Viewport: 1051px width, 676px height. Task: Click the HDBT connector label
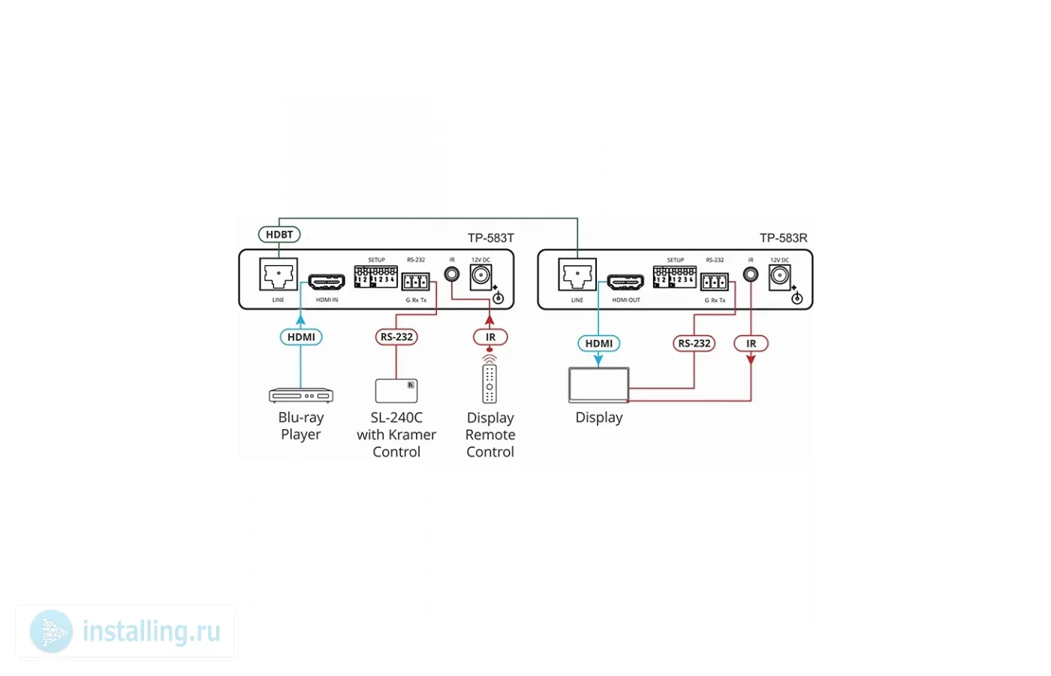click(x=279, y=234)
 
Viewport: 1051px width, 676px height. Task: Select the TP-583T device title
click(x=491, y=238)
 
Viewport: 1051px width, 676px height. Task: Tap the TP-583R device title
click(x=783, y=238)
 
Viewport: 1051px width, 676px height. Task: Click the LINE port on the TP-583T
click(x=279, y=275)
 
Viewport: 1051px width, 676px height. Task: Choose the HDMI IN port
click(x=327, y=282)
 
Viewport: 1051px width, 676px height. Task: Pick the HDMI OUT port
click(x=625, y=282)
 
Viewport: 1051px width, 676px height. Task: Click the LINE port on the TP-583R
click(x=577, y=275)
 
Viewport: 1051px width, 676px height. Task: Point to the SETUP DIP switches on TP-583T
click(x=375, y=276)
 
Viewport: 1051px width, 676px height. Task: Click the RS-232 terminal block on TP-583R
click(x=714, y=282)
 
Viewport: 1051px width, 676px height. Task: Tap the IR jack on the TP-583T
click(x=452, y=274)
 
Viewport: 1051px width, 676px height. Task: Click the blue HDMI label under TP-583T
click(x=301, y=337)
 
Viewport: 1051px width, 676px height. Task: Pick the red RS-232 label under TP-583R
click(x=694, y=343)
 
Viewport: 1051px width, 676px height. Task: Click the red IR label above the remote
click(x=490, y=337)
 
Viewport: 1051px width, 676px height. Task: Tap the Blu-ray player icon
click(x=301, y=395)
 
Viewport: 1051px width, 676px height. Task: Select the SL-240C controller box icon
click(x=396, y=391)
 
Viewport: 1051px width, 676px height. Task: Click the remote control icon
click(x=489, y=383)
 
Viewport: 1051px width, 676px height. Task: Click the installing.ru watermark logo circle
click(x=51, y=632)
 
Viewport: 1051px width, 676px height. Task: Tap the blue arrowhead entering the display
click(x=598, y=361)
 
